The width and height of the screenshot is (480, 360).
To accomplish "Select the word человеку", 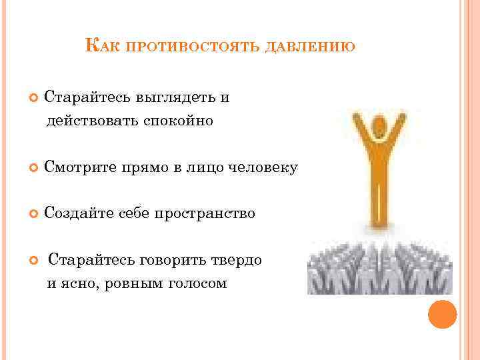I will pos(266,167).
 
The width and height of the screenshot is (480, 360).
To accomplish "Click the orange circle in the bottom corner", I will pos(441,313).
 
